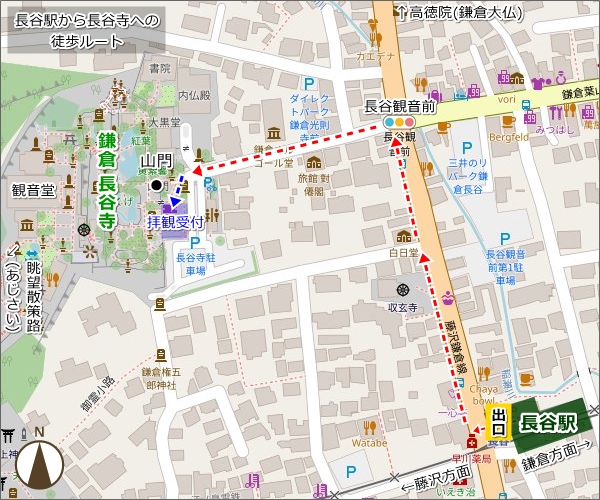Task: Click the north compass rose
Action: [39, 461]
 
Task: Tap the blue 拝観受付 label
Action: [175, 220]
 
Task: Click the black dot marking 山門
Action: [156, 185]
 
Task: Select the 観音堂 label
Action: [33, 189]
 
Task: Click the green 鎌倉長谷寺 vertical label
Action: [106, 181]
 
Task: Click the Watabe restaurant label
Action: [369, 439]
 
